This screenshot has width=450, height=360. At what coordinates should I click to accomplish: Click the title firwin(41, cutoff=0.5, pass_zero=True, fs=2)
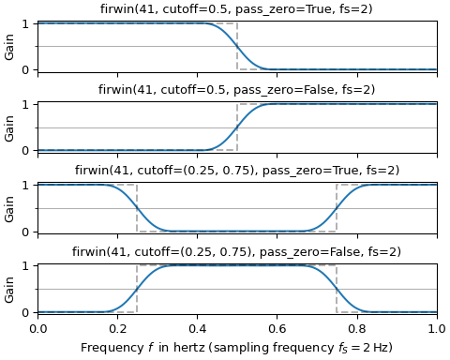click(236, 9)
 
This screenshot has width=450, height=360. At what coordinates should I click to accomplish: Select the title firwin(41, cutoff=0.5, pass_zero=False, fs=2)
click(236, 90)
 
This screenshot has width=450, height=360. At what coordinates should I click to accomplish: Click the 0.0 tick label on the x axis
click(37, 329)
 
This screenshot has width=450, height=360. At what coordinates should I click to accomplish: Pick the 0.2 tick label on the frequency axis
click(117, 329)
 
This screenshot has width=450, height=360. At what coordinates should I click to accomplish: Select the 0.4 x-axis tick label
click(197, 329)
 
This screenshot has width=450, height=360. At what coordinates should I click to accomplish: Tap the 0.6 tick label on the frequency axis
click(277, 329)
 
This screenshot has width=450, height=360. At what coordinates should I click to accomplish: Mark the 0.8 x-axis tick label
click(356, 329)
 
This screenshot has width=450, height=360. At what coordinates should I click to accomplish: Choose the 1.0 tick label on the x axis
click(436, 329)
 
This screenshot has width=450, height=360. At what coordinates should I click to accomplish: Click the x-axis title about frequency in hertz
click(236, 347)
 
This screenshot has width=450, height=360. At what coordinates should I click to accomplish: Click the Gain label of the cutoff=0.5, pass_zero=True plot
click(10, 46)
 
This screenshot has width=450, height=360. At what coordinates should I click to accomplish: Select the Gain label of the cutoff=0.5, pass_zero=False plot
click(10, 127)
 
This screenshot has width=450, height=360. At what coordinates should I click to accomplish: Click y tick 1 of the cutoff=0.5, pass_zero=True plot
click(27, 23)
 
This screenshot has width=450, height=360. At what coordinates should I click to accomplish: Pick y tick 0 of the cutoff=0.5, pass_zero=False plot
click(27, 150)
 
